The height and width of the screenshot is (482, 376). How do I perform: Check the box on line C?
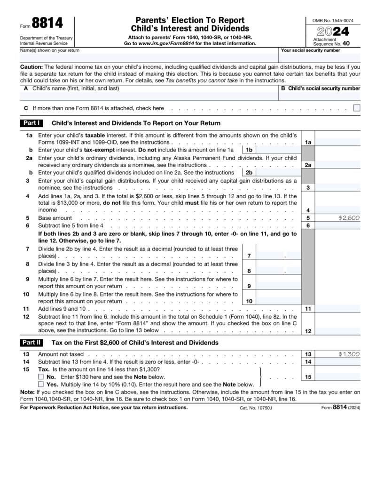point(357,108)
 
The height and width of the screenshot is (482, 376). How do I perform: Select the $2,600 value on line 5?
point(348,218)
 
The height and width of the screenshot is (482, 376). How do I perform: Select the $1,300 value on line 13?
point(348,353)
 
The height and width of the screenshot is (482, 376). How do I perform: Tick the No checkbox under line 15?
point(41,377)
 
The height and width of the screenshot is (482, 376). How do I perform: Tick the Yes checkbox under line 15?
point(41,385)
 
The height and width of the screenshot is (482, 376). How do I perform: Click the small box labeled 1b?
point(250,150)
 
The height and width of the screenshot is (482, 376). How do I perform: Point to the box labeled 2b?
point(250,173)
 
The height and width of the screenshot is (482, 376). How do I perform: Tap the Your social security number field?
point(320,58)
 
